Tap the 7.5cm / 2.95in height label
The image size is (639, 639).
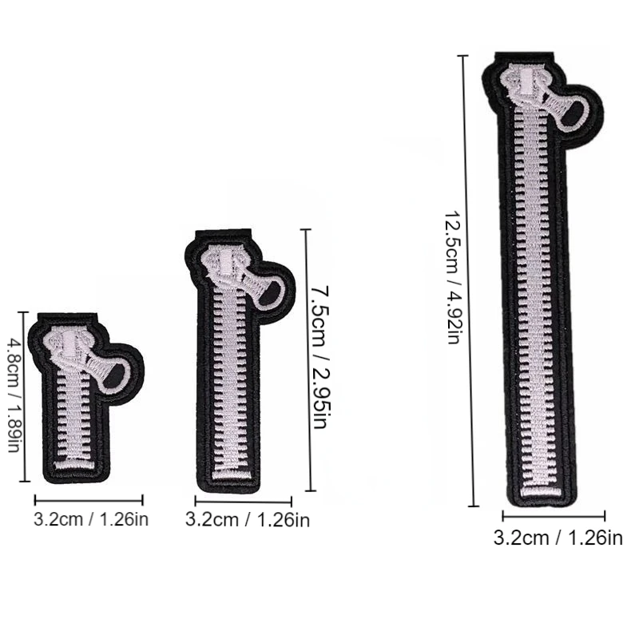pos(319,357)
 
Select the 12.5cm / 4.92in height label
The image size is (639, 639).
pos(452,277)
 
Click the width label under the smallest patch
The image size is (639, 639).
pos(91,520)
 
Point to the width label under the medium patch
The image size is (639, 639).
pos(248,520)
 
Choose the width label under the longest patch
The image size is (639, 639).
pos(558,538)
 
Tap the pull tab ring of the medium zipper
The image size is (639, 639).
pos(270,293)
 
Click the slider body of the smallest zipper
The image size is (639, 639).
pos(70,346)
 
